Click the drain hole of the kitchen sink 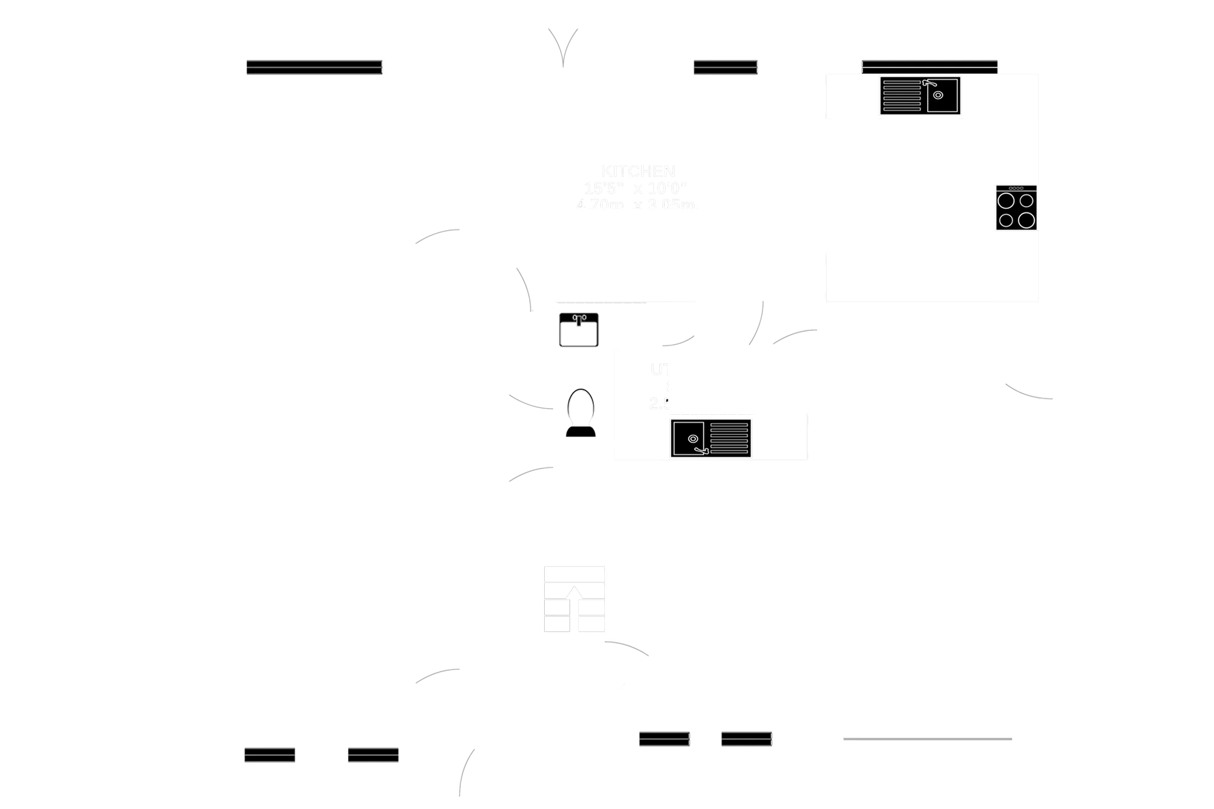938,95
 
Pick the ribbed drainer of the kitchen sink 901,96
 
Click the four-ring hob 1016,210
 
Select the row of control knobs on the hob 1016,188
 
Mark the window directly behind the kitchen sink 930,66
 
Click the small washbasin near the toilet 578,330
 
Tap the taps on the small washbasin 578,319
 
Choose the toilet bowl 581,405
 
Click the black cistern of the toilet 581,431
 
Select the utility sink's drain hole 693,438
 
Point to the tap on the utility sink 702,451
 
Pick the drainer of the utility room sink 729,438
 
